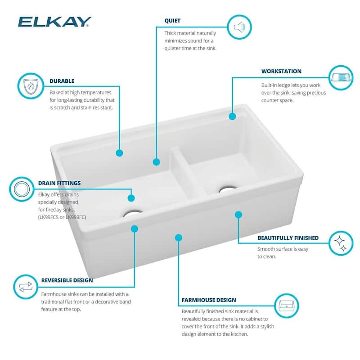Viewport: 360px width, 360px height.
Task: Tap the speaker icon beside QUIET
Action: pyautogui.click(x=239, y=28)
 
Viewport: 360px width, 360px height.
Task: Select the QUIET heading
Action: pyautogui.click(x=172, y=21)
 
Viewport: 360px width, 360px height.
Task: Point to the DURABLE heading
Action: pyautogui.click(x=62, y=81)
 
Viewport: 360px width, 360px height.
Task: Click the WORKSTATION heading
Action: pyautogui.click(x=281, y=71)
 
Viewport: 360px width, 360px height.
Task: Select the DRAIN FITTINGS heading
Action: pyautogui.click(x=59, y=183)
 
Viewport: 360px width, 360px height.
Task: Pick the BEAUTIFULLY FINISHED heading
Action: pyautogui.click(x=288, y=238)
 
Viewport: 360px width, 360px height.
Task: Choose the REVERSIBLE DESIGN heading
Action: pyautogui.click(x=67, y=280)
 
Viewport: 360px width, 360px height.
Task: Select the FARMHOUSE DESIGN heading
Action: pyautogui.click(x=209, y=300)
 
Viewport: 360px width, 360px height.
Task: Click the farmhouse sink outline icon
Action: pyautogui.click(x=287, y=306)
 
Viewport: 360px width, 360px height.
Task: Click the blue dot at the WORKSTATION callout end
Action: pyautogui.click(x=232, y=116)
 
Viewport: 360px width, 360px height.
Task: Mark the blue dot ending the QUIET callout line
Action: pyautogui.click(x=156, y=162)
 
